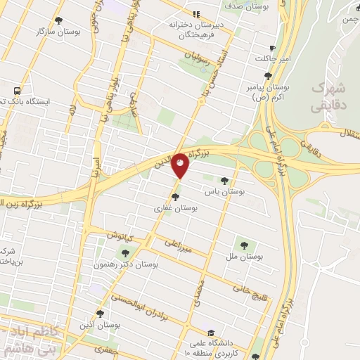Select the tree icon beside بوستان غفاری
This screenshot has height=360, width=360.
coord(175,197)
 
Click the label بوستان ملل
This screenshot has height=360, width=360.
coord(245,257)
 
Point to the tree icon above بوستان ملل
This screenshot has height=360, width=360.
coord(243,245)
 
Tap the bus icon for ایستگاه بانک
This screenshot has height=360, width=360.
coord(15,91)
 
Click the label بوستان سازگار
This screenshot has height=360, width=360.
coord(77,32)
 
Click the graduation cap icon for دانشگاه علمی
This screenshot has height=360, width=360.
coord(210,333)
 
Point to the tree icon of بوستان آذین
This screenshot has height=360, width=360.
coord(99,314)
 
